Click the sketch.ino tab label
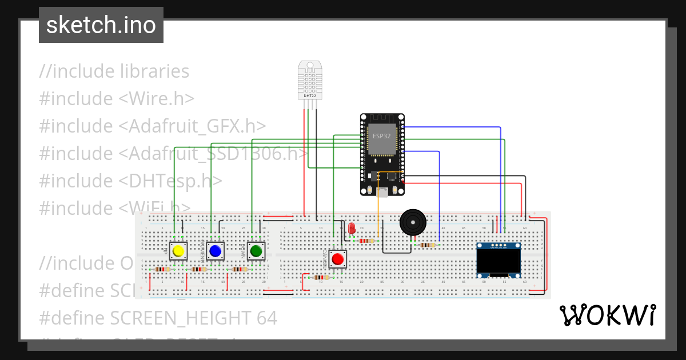[101, 25]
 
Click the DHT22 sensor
[309, 80]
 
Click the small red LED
[352, 229]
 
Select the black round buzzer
[412, 222]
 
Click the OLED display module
[498, 260]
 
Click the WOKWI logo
[607, 315]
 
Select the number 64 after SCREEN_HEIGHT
[266, 318]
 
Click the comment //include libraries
[114, 71]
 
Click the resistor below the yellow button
[162, 269]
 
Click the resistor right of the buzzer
[427, 245]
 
